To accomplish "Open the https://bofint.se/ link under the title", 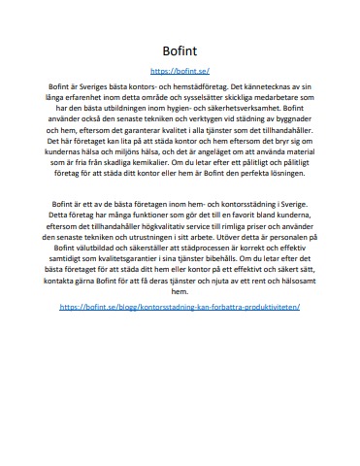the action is [180, 71].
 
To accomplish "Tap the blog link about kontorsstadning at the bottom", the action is [180, 278].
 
